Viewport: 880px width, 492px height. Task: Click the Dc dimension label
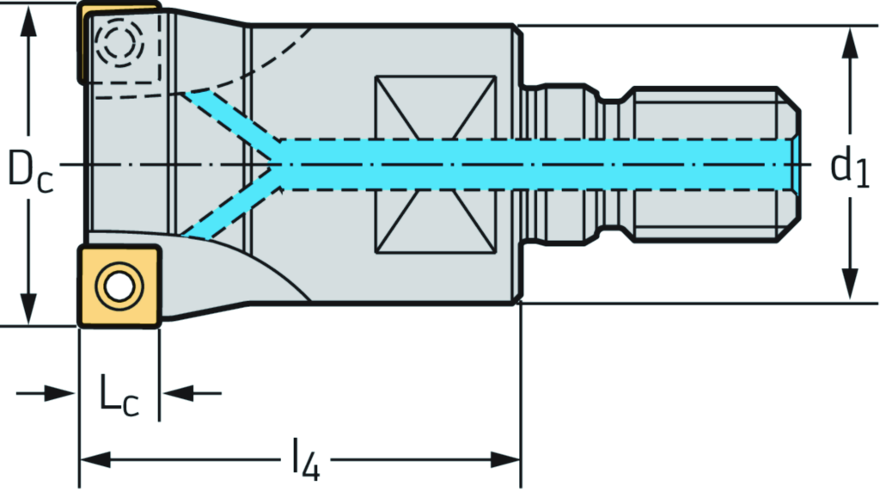30,168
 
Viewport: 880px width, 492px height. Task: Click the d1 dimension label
849,168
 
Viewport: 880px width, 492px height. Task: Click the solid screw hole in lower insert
117,285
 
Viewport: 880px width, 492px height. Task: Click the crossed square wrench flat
436,164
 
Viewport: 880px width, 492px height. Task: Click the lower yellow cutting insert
119,286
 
